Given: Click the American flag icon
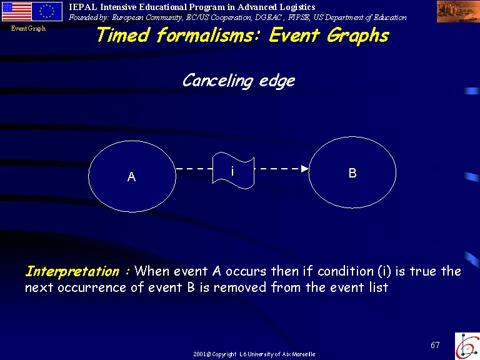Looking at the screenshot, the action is pos(16,11).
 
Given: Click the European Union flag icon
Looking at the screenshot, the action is pos(47,11).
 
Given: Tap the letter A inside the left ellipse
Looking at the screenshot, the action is pos(132,177).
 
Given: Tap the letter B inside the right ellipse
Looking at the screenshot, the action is pos(352,173).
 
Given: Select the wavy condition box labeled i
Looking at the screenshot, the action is pos(233,171).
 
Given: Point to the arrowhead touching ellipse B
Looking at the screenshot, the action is pos(305,169).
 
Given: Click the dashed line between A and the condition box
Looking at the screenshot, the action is pos(194,168).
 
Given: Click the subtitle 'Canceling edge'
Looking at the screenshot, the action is pos(239,81).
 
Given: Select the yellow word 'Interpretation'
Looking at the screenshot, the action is pos(72,271).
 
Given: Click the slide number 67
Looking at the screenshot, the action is pos(435,345).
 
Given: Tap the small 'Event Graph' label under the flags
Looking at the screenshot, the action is pos(28,29).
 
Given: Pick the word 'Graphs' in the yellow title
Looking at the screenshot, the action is pos(358,36).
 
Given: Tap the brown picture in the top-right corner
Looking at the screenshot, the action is pos(458,12).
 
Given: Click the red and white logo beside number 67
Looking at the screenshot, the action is pos(467,346).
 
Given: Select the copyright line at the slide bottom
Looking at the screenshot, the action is pos(254,354).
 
